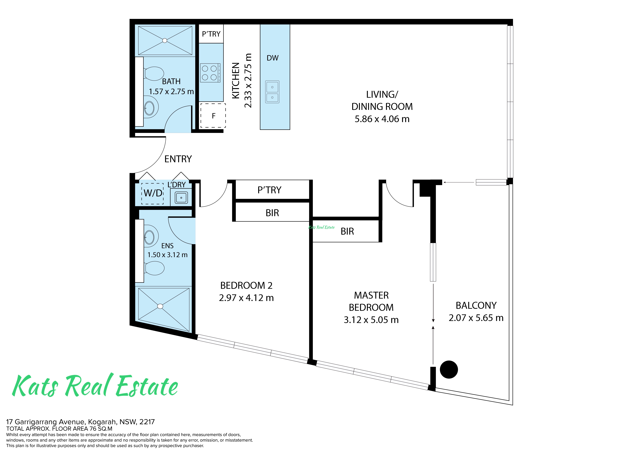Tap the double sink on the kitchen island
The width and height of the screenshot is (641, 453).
[x=272, y=92]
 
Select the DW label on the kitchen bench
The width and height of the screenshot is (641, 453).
[x=272, y=58]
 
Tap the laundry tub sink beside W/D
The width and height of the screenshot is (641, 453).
[x=181, y=198]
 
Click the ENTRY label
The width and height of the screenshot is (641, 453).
[x=178, y=159]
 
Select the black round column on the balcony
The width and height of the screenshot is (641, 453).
[x=449, y=370]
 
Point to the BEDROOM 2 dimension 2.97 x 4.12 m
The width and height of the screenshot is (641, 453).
[x=246, y=298]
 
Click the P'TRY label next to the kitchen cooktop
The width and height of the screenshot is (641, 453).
[x=211, y=34]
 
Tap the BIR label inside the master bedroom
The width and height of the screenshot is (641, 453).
[x=347, y=231]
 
